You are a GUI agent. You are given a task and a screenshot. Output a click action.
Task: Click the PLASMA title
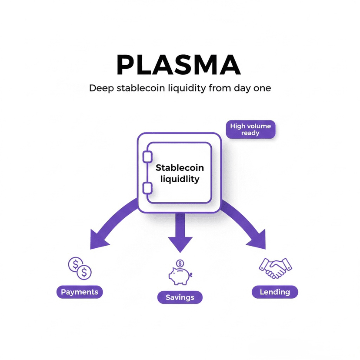[x=179, y=65]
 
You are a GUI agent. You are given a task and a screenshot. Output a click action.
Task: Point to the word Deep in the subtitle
[x=101, y=89]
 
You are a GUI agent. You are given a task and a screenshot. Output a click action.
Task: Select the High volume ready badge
[x=250, y=130]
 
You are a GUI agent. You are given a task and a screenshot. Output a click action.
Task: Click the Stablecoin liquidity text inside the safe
[x=180, y=173]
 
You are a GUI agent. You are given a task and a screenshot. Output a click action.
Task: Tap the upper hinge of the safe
[x=147, y=157]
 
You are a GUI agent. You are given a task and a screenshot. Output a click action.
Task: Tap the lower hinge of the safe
[x=147, y=189]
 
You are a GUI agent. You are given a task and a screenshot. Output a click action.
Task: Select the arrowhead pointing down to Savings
[x=180, y=244]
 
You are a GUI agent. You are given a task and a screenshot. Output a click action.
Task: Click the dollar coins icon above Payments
[x=80, y=268]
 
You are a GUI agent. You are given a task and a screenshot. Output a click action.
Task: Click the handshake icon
[x=275, y=268]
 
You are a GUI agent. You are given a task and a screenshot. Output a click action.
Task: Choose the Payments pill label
[x=80, y=292]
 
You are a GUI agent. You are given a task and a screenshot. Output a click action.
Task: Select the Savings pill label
[x=180, y=297]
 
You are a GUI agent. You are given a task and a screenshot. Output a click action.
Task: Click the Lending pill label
[x=275, y=292]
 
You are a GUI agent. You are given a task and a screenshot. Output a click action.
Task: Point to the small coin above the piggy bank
[x=180, y=263]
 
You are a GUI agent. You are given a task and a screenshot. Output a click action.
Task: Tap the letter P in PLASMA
[x=125, y=65]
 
